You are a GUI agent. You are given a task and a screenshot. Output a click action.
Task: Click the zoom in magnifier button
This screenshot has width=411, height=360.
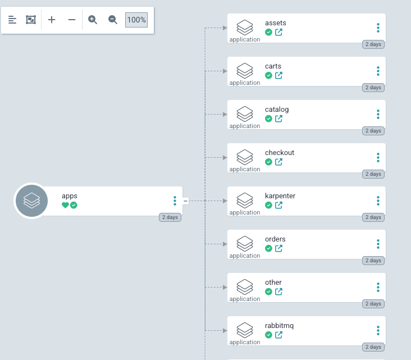(x=93, y=20)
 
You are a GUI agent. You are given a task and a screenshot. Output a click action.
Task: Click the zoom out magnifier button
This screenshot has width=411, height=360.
(x=113, y=20)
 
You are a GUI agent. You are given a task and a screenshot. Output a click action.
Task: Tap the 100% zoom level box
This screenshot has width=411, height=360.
(x=136, y=20)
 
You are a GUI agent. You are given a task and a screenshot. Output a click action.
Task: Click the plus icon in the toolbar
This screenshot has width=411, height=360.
(x=52, y=20)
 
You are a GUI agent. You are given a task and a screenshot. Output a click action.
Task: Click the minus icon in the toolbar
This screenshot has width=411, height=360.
(x=72, y=20)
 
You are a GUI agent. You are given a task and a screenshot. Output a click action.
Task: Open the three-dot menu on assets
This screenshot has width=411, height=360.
(x=378, y=28)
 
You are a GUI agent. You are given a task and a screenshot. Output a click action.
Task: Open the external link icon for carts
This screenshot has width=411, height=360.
(x=278, y=75)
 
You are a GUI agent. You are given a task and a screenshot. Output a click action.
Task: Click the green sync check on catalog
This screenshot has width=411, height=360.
(x=268, y=119)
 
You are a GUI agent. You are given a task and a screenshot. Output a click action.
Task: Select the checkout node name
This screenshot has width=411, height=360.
(x=280, y=153)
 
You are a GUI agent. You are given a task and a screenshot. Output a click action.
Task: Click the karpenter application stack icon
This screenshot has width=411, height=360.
(x=245, y=199)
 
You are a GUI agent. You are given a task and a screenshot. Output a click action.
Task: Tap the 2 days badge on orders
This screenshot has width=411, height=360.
(x=373, y=261)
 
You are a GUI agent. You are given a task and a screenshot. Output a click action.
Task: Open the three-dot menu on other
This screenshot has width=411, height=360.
(x=378, y=288)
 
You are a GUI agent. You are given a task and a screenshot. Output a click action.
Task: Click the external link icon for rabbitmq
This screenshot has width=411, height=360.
(x=278, y=335)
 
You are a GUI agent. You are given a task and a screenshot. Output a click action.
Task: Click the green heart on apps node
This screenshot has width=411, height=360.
(x=65, y=205)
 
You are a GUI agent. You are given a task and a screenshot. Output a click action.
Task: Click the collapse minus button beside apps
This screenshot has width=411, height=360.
(x=185, y=201)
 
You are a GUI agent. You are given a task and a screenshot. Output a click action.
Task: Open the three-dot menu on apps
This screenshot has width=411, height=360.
(x=175, y=200)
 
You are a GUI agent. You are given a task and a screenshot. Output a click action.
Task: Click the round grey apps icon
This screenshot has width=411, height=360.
(x=31, y=201)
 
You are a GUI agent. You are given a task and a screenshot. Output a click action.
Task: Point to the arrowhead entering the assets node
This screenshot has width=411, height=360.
(x=225, y=28)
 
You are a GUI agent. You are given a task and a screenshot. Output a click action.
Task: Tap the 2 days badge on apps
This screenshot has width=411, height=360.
(x=170, y=217)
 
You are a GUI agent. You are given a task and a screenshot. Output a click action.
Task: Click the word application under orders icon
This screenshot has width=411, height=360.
(x=245, y=256)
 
